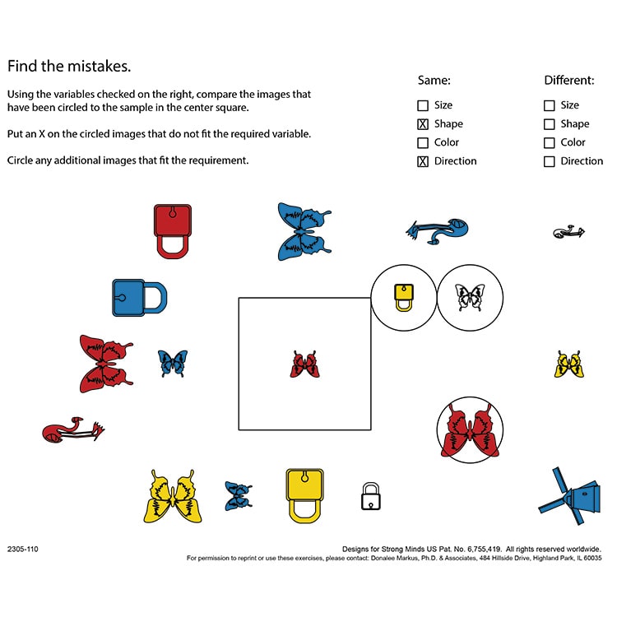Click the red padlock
172,230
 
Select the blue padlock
138,298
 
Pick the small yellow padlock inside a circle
402,296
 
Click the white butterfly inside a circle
470,297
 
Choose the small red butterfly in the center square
304,364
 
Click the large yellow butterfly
173,497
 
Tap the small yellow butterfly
569,364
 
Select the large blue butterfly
304,231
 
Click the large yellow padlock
304,495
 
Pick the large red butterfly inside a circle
470,431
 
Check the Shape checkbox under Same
423,124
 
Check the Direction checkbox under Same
423,161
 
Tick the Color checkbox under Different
550,143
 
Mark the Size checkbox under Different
550,105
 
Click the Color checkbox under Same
423,143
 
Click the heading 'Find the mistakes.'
69,66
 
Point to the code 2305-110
23,549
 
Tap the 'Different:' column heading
568,81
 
